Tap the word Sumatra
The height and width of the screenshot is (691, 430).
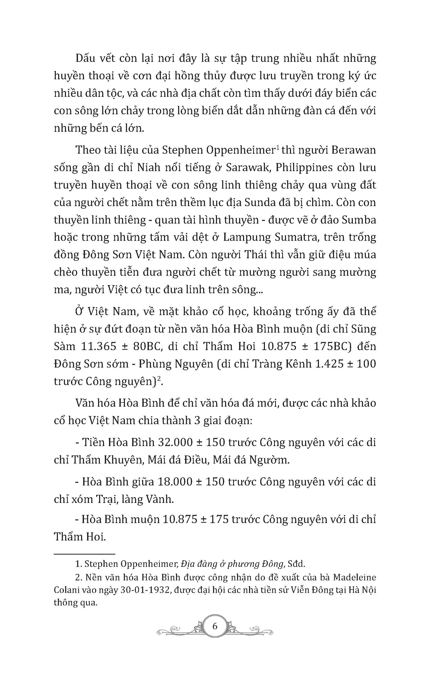[x=295, y=237]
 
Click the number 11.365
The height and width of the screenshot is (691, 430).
[x=99, y=346]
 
